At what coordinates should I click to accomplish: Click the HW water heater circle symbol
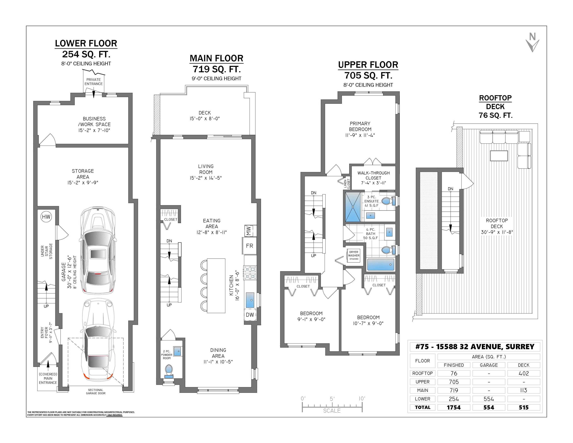46,217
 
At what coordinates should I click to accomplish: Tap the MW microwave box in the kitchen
249,231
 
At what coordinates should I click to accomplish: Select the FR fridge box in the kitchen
249,246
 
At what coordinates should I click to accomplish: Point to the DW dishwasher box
250,315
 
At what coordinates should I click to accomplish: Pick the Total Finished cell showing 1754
454,407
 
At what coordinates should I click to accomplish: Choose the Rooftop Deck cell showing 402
524,373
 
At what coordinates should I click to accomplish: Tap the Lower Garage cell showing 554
489,399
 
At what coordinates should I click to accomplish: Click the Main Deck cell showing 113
524,390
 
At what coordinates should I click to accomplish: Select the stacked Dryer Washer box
354,255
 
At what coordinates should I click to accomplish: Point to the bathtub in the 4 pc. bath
381,265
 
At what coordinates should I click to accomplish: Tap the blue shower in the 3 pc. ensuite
353,207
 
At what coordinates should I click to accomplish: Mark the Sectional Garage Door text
96,391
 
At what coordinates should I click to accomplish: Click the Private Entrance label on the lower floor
93,82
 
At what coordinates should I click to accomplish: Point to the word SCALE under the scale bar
332,411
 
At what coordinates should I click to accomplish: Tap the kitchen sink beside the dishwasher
250,300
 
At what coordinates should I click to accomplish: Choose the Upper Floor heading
368,65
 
